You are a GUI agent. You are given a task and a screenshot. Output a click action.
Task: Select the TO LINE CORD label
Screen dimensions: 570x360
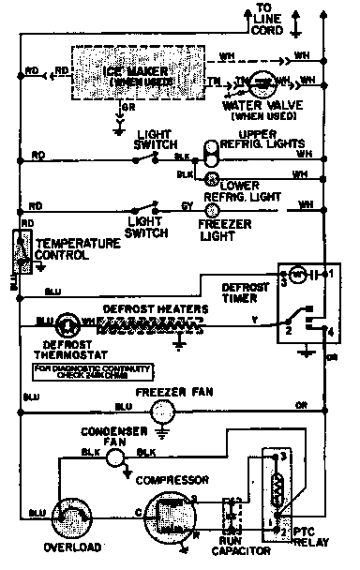[x=271, y=19]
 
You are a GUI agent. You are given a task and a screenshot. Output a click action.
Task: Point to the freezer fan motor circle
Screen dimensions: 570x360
[x=164, y=409]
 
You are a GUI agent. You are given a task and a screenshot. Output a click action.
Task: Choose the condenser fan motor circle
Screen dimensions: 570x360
[x=115, y=457]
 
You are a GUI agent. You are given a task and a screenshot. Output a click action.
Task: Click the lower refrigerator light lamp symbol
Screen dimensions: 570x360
[x=212, y=176]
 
